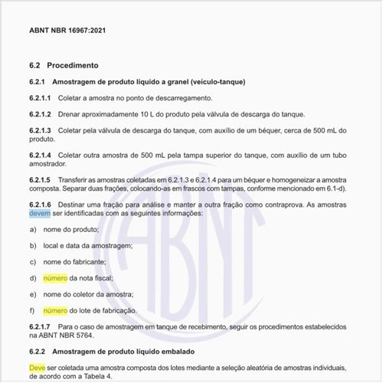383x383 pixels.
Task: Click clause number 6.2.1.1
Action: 40,98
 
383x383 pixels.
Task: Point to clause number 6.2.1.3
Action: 40,130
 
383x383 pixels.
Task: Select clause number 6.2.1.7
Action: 40,326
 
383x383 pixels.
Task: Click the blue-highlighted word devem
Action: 40,214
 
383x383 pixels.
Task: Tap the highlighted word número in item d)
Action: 55,278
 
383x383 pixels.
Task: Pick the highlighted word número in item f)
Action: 55,310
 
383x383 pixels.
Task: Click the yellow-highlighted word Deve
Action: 38,368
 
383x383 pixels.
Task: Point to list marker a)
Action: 33,230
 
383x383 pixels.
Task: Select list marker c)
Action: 33,262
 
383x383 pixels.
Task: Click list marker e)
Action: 33,294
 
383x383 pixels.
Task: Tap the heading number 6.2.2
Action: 38,351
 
